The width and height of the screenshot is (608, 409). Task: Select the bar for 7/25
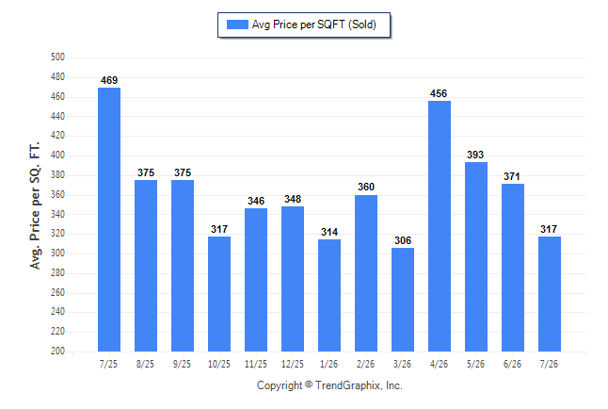109,220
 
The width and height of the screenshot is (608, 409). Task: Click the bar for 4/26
440,226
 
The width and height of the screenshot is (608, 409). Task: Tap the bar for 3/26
403,300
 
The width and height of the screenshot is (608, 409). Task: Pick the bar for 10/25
219,294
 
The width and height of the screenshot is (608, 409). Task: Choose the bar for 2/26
366,273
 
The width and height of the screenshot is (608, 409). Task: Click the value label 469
109,80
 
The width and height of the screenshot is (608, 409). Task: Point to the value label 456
439,93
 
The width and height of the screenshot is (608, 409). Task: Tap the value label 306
403,241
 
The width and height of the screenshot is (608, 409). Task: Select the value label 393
475,155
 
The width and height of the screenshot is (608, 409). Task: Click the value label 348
293,199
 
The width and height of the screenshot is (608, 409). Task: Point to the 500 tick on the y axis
57,57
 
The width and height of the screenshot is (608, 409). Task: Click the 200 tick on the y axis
57,351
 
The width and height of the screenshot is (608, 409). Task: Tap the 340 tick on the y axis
57,214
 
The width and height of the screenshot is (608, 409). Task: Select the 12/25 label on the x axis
293,364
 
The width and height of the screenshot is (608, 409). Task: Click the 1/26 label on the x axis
328,364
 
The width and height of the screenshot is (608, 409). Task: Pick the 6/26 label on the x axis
512,364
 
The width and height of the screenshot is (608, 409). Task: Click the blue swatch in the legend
237,25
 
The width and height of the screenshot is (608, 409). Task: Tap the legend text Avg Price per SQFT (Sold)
314,25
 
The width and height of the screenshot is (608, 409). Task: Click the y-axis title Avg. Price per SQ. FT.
35,205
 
